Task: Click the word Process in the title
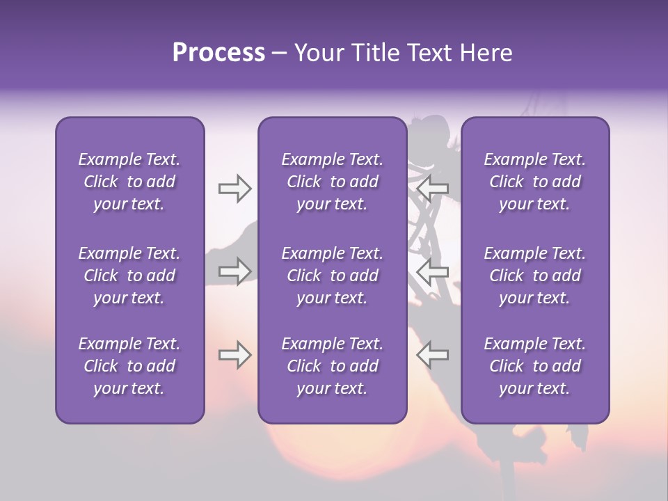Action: tap(218, 53)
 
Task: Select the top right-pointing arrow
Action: tap(235, 189)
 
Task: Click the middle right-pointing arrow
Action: tap(235, 271)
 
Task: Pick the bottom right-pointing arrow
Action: tap(235, 355)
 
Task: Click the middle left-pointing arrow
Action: tap(432, 271)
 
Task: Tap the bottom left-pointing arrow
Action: tap(432, 355)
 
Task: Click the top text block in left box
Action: tap(129, 182)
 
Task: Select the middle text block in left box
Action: tap(129, 276)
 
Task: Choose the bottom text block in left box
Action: tap(129, 366)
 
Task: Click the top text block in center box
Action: tap(333, 182)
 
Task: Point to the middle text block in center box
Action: tap(333, 276)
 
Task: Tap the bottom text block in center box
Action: tap(333, 366)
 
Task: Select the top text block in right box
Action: tap(535, 182)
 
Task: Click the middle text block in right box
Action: tap(535, 276)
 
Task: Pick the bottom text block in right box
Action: tap(535, 366)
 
